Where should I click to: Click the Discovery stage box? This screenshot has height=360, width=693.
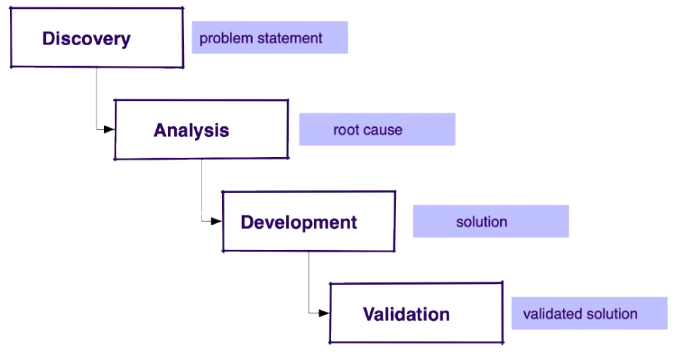97,38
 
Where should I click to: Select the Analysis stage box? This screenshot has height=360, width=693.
201,130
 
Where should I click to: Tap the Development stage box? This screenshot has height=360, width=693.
307,222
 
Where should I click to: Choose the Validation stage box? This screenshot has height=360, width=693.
415,313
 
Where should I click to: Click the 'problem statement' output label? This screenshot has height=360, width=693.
269,38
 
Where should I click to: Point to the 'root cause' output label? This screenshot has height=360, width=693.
376,130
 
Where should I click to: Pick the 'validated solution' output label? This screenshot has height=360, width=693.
588,314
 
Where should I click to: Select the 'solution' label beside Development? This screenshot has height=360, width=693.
490,222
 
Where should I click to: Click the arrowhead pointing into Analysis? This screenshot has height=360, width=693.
109,128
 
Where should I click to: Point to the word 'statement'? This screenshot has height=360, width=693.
290,38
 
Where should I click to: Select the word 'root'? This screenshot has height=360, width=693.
346,130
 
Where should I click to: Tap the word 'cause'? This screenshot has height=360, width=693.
383,130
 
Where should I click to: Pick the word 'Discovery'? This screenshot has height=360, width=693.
86,38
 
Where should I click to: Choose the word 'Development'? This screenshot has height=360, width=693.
298,222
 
